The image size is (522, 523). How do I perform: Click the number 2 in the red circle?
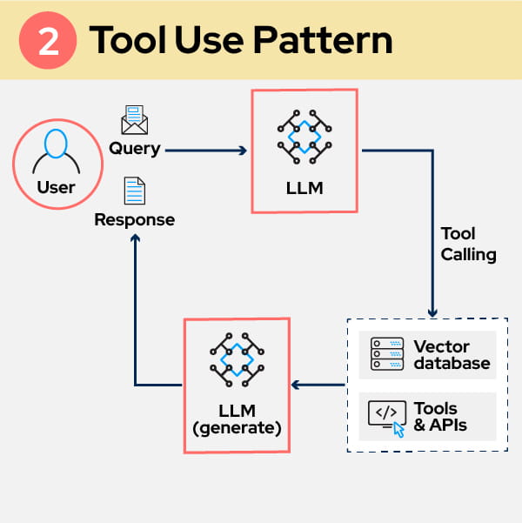pos(50,41)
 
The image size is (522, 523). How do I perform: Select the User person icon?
pos(55,151)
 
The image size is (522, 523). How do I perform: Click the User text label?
pos(56,187)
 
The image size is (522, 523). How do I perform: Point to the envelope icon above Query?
pos(134,120)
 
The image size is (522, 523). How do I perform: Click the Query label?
pos(134,148)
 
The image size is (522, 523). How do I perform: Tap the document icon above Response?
pos(134,191)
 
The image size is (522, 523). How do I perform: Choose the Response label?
pos(134,219)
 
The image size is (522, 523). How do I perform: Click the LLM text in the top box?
pos(304,187)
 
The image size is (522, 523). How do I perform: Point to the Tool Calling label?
pos(468,245)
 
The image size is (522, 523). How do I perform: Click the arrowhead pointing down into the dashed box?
pos(432,312)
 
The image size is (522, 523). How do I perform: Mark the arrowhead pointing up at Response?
pos(135,240)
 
